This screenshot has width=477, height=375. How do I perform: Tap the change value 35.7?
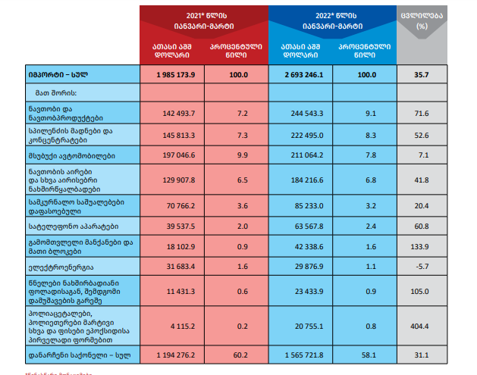pos(422,75)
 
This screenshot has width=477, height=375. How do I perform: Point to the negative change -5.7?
pos(422,267)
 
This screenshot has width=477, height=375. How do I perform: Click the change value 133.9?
pos(422,246)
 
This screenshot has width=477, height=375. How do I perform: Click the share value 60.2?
pos(243,355)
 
